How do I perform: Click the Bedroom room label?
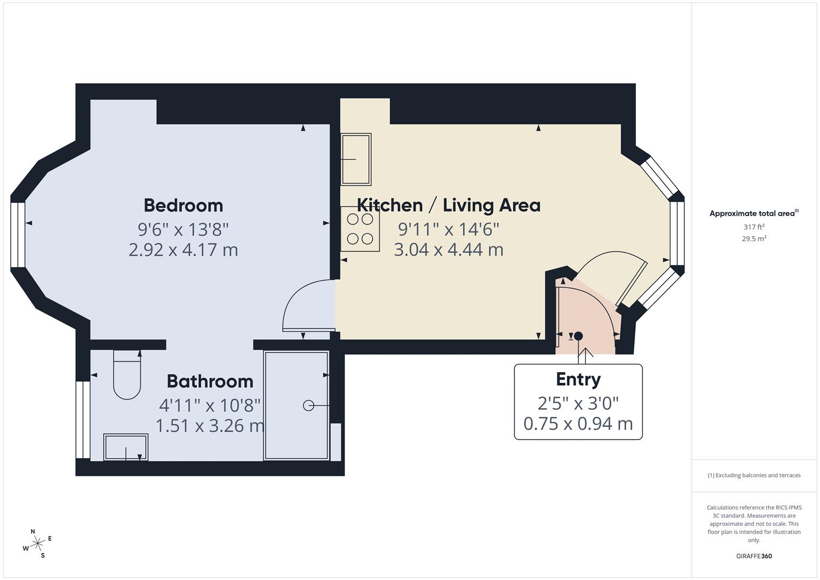pos(183,205)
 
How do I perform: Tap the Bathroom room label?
pos(209,381)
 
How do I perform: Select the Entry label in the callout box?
pos(578,379)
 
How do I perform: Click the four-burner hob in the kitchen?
pos(360,229)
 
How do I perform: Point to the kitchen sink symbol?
pos(356,159)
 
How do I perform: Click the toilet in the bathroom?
pos(127,375)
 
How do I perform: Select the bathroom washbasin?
pos(126,447)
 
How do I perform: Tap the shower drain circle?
pos(308,405)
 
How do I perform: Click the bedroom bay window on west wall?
pos(18,235)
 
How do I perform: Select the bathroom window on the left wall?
pos(83,419)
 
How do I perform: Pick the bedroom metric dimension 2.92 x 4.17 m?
pos(183,250)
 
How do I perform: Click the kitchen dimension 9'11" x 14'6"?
pos(448,229)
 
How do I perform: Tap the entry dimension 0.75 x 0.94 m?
pos(578,424)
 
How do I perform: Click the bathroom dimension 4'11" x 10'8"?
pos(209,404)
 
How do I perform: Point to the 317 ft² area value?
pos(754,227)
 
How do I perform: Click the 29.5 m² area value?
pos(754,239)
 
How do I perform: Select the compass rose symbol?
pos(37,543)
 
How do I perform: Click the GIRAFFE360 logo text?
pos(754,556)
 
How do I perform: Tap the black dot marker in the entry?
pos(578,336)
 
